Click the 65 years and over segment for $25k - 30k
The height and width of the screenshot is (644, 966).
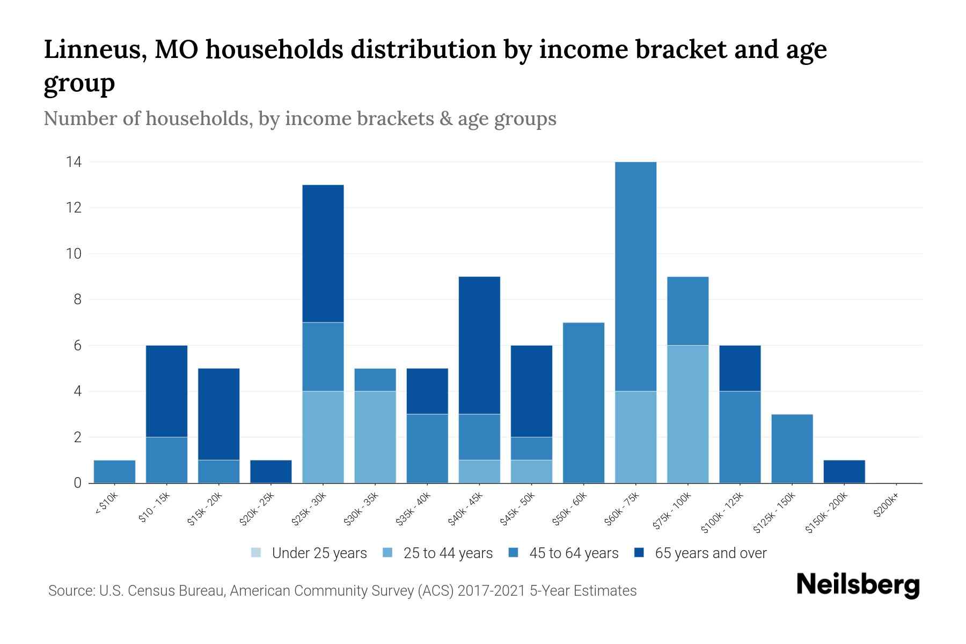pyautogui.click(x=323, y=253)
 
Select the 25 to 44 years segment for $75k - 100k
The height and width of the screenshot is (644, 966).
pyautogui.click(x=687, y=414)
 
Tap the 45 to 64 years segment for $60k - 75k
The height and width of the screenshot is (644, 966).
pyautogui.click(x=635, y=276)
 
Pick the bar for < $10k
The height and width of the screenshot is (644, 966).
pyautogui.click(x=114, y=472)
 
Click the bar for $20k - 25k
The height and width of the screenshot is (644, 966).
pyautogui.click(x=271, y=472)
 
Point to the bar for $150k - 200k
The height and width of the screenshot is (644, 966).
pyautogui.click(x=844, y=472)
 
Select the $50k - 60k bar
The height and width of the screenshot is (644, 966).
pyautogui.click(x=583, y=402)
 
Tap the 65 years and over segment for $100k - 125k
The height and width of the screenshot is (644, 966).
pyautogui.click(x=740, y=368)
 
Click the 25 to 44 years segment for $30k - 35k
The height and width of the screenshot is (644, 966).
pyautogui.click(x=375, y=437)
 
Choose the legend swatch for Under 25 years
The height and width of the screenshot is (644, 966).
pyautogui.click(x=257, y=553)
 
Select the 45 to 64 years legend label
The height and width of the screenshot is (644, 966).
pyautogui.click(x=574, y=553)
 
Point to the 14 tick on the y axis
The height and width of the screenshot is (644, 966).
pyautogui.click(x=74, y=162)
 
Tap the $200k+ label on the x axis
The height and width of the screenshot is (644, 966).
pyautogui.click(x=885, y=507)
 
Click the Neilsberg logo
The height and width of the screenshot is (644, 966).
pyautogui.click(x=858, y=585)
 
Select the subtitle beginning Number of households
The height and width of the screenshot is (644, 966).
pyautogui.click(x=299, y=119)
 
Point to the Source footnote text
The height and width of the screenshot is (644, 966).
pyautogui.click(x=342, y=591)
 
